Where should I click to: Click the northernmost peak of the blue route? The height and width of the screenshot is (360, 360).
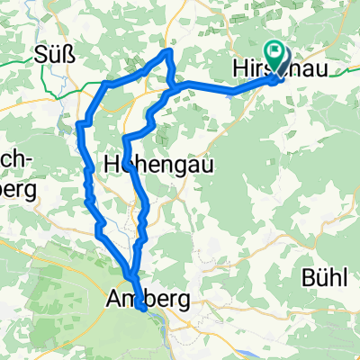(x=167, y=53)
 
